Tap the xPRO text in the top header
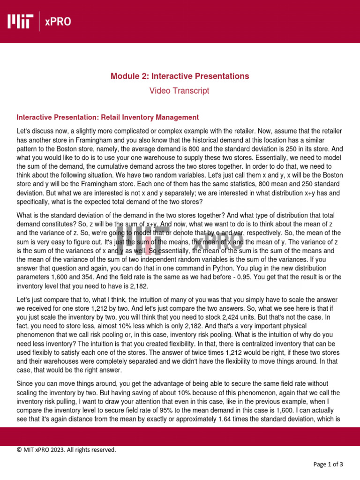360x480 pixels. pos(58,21)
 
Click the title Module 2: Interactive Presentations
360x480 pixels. pos(180,76)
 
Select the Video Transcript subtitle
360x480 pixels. pos(180,91)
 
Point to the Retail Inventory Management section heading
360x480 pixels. pos(107,117)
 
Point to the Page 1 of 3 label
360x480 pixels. pos(328,465)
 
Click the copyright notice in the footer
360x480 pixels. pos(66,450)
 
